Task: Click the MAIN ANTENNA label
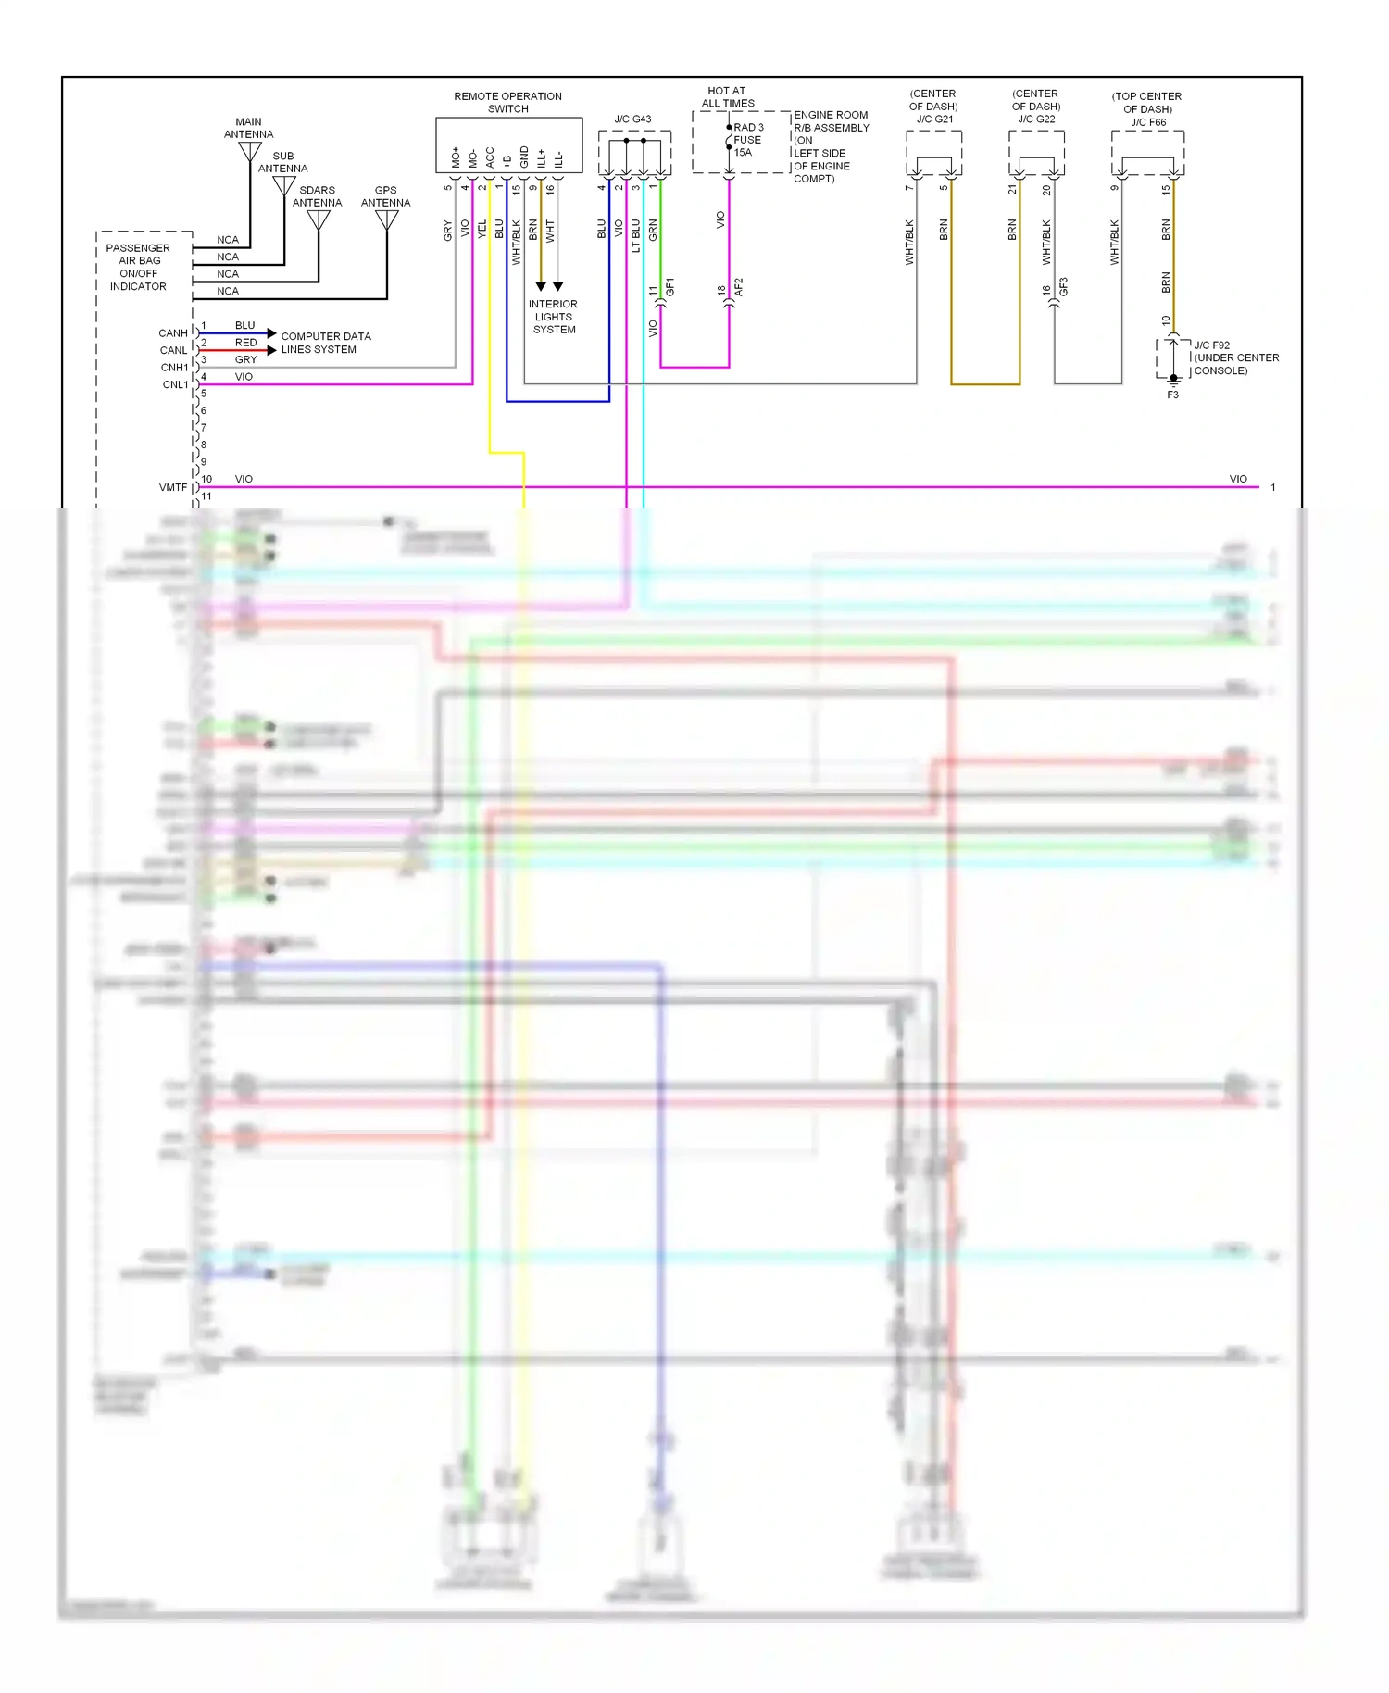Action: click(x=248, y=128)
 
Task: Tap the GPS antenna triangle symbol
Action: click(x=387, y=220)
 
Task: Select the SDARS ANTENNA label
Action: click(x=317, y=196)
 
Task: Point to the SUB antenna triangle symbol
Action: click(x=284, y=186)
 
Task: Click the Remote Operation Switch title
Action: click(x=507, y=102)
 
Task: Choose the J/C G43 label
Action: click(x=632, y=119)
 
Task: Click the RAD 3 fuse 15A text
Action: click(x=748, y=140)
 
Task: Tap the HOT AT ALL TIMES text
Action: click(x=727, y=97)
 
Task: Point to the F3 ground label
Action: click(x=1172, y=395)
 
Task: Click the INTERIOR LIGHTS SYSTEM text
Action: click(x=554, y=317)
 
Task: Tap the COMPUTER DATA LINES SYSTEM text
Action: click(x=325, y=343)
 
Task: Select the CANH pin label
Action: click(x=173, y=333)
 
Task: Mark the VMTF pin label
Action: click(x=173, y=487)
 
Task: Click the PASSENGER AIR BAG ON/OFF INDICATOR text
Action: click(x=138, y=268)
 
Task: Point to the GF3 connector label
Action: click(x=1064, y=287)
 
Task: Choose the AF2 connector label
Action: click(x=739, y=287)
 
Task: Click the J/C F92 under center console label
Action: click(x=1235, y=357)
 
